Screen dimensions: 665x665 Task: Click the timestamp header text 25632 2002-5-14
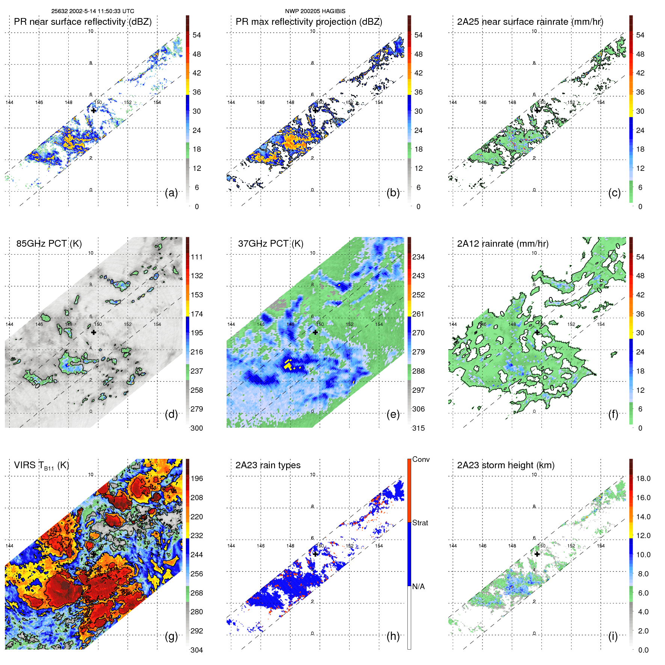pos(93,11)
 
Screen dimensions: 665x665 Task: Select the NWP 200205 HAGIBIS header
pos(315,11)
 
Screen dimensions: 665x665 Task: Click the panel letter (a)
pos(171,193)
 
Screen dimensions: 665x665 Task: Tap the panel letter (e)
pos(393,415)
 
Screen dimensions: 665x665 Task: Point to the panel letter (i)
pos(613,636)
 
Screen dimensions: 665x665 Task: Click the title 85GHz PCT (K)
pos(49,244)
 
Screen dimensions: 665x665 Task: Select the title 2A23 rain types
pos(268,465)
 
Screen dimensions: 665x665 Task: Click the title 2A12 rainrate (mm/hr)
pos(503,244)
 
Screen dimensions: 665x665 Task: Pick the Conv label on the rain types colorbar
pos(421,459)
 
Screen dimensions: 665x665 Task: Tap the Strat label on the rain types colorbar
pos(420,523)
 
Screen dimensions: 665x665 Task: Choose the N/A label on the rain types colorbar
pos(418,587)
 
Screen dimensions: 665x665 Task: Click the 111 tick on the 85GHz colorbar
pos(197,257)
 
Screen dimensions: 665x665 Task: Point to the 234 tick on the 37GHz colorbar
pos(418,257)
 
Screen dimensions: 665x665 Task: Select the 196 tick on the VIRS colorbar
pos(197,478)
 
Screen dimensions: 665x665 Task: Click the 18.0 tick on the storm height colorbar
pos(643,478)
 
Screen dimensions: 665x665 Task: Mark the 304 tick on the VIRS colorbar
pos(197,650)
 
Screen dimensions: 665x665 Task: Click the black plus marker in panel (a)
pos(93,110)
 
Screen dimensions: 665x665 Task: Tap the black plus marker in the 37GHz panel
pos(315,332)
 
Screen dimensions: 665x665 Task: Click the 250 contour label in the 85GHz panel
pos(34,383)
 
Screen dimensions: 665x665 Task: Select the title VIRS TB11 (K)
pos(41,466)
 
